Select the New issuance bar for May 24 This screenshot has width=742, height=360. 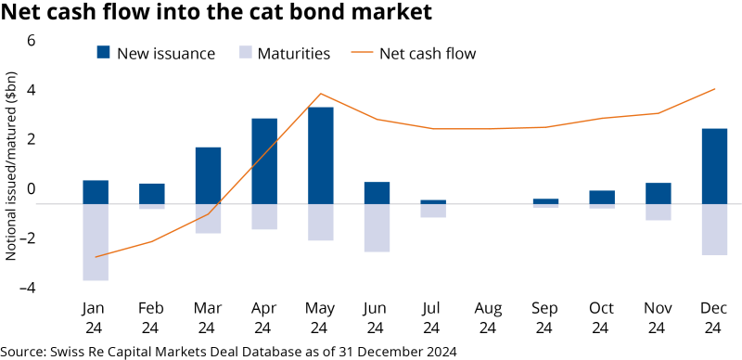[x=320, y=155]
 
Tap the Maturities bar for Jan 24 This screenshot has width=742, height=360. [x=96, y=241]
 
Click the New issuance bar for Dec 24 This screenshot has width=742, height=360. [x=714, y=166]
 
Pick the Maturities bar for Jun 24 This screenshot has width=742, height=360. [x=377, y=227]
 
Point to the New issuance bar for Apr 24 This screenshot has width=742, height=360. [x=264, y=161]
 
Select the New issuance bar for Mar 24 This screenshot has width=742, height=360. [x=208, y=175]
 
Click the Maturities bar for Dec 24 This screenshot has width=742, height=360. [x=714, y=229]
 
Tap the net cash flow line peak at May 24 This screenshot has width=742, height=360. [x=320, y=94]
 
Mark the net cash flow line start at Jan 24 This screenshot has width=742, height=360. [x=96, y=257]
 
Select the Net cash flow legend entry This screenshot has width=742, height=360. [x=415, y=54]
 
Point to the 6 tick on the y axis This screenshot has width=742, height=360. [x=31, y=41]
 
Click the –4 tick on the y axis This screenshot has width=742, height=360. [x=28, y=288]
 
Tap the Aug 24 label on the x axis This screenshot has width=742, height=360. [x=489, y=317]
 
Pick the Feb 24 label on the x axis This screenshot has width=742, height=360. [x=151, y=317]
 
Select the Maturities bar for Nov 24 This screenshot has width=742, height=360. [x=658, y=212]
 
